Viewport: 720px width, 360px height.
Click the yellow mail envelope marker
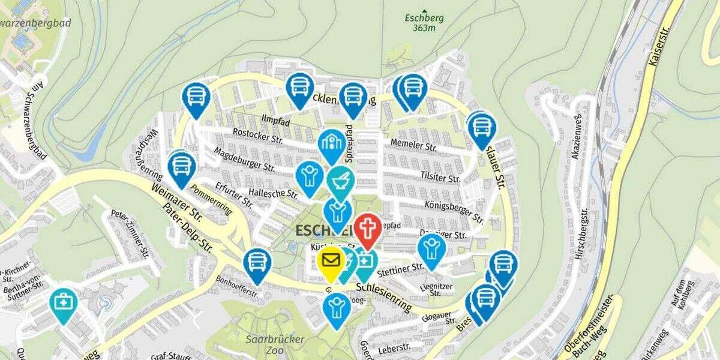click(331, 262)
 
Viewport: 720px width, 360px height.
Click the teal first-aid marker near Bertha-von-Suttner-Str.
click(62, 303)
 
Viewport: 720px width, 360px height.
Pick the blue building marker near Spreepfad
click(332, 144)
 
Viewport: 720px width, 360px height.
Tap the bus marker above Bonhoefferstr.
click(257, 263)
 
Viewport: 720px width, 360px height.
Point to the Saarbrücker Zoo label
click(275, 344)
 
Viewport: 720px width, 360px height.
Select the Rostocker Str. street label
click(257, 136)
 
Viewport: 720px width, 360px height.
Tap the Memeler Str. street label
click(413, 145)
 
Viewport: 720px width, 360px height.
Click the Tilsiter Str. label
click(440, 178)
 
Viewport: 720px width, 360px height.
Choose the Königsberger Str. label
click(454, 210)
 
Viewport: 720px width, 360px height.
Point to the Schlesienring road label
click(384, 296)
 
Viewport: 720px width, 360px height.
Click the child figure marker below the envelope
click(337, 308)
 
